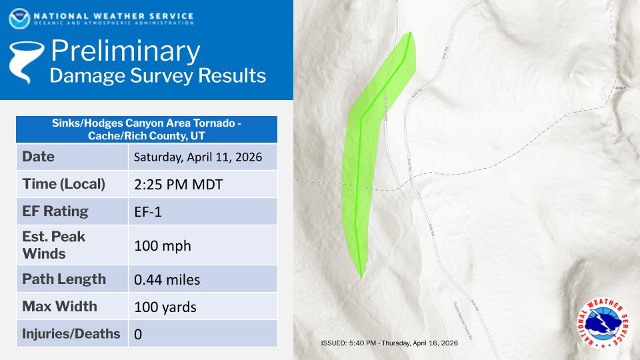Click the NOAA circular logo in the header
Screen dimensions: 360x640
point(19,18)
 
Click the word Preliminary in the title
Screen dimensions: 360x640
point(125,51)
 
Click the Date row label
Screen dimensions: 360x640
point(39,157)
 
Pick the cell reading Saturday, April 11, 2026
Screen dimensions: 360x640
point(198,157)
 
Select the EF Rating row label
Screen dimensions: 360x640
point(55,211)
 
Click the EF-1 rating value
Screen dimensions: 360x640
point(149,212)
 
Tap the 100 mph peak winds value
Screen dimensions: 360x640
point(162,245)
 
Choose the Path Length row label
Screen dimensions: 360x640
point(64,279)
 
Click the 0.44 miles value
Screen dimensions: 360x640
point(167,279)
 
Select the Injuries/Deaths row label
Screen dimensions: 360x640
point(71,333)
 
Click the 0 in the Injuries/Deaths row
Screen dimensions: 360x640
point(138,334)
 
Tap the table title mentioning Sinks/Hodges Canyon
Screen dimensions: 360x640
point(146,129)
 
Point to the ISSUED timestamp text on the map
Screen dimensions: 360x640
point(389,343)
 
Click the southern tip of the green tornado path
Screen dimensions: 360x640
point(361,275)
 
